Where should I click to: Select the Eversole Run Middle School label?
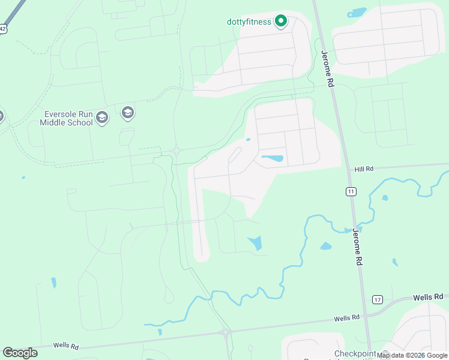(66, 118)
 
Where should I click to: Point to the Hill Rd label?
(364, 170)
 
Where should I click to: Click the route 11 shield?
(351, 191)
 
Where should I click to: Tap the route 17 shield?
(377, 299)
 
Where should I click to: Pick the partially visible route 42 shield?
(2, 28)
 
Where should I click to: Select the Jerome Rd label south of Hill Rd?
(358, 247)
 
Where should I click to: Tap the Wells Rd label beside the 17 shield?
(428, 297)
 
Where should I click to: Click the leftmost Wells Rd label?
(66, 345)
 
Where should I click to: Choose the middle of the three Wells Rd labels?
(346, 318)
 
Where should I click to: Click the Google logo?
(20, 353)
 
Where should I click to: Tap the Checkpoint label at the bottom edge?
(355, 353)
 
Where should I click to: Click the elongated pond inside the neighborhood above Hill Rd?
(272, 158)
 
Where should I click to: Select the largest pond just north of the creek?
(255, 242)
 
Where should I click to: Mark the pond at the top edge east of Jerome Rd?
(357, 12)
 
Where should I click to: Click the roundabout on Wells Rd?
(226, 331)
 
